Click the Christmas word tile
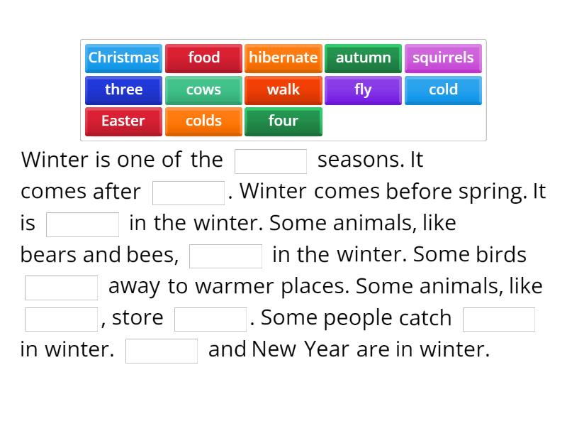pos(123,58)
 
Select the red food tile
pos(203,58)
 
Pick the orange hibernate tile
pos(283,58)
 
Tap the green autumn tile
pos(363,58)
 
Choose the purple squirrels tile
pos(443,58)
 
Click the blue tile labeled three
pos(123,90)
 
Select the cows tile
pos(203,90)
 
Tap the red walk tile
pos(283,90)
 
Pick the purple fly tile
pos(363,90)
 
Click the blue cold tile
pos(443,90)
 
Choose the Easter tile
pos(123,121)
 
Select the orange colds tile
pos(203,121)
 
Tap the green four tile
pos(283,121)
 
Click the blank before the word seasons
pos(271,161)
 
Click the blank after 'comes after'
pos(189,192)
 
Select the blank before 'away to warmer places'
pos(62,288)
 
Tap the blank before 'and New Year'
pos(162,351)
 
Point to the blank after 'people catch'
pos(499,319)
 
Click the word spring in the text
pos(498,192)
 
